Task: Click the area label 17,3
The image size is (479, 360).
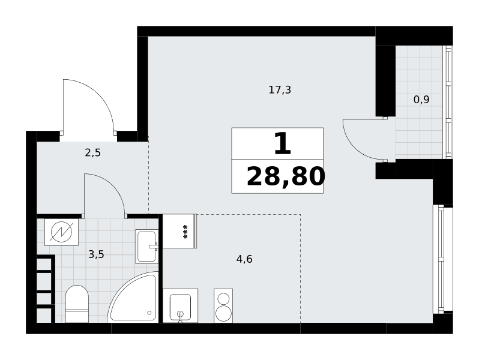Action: coord(280,90)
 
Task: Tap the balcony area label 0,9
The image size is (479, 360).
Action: coord(421,100)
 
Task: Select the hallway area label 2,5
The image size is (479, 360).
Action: coord(92,152)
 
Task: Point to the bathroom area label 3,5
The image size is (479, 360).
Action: coord(96,254)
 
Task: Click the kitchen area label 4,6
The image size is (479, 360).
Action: coord(244,259)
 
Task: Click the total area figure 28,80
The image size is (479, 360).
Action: coord(286,177)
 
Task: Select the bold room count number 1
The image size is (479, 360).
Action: coord(283,143)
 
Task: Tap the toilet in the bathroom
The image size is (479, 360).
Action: coord(77,304)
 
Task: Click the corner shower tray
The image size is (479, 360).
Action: coord(133,297)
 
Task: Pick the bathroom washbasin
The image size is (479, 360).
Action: coord(146,247)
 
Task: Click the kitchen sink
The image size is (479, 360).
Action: coord(180,305)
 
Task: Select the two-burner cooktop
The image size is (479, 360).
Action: coord(223,305)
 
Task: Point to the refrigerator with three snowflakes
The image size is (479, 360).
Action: coord(179,231)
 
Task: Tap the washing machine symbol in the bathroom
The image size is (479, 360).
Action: coord(61,232)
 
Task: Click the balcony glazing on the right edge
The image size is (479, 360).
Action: coord(448,102)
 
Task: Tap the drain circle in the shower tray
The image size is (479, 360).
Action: coord(149,313)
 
